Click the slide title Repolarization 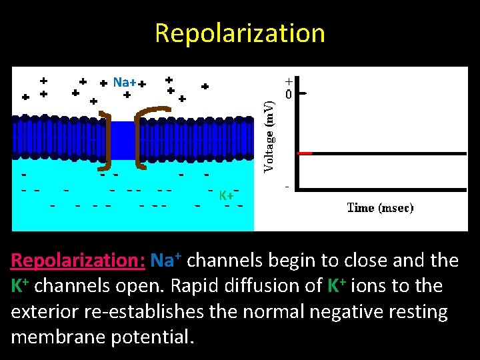pos(240,33)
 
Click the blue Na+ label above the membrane pos(124,83)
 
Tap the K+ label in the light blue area pos(227,195)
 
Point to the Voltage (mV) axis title pos(269,137)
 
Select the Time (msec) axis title pos(380,207)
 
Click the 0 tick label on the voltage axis pos(288,95)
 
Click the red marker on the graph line pos(305,153)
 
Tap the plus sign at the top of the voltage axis pos(288,79)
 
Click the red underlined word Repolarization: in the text pos(78,260)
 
